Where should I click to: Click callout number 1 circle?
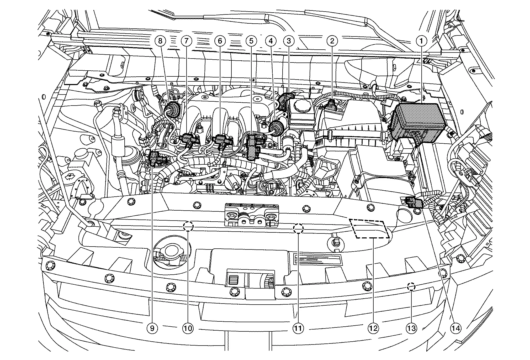(x=422, y=41)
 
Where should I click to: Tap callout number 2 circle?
(x=332, y=41)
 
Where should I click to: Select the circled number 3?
(x=289, y=41)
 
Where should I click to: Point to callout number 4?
(x=271, y=41)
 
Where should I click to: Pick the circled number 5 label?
(x=251, y=41)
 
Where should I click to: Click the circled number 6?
(x=220, y=41)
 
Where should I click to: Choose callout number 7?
(x=186, y=41)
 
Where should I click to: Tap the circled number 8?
(x=160, y=41)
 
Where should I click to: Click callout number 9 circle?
(x=153, y=328)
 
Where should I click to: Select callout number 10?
(x=188, y=328)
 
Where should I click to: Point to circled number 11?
(x=298, y=328)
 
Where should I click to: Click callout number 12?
(x=373, y=328)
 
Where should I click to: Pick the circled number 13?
(x=411, y=328)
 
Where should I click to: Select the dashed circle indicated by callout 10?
(x=188, y=226)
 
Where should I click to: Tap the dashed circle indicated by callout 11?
(x=298, y=228)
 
